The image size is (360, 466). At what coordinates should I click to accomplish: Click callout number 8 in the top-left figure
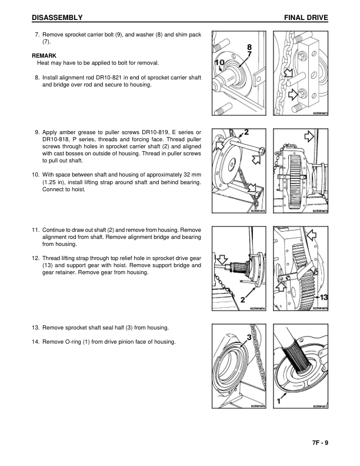tap(249, 46)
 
